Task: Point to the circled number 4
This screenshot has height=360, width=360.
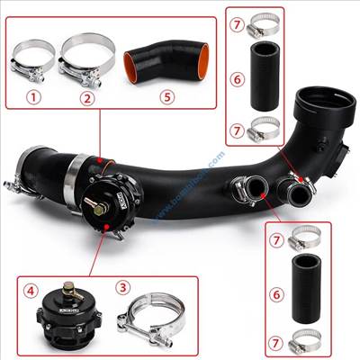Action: [x=30, y=291]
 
